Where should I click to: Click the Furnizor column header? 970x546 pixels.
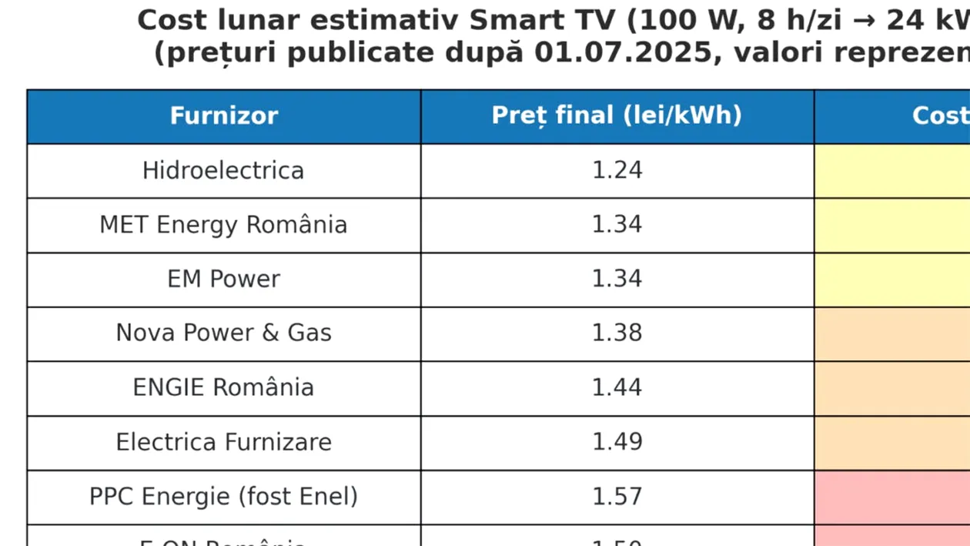coord(223,116)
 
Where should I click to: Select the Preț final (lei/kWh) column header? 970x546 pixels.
coord(617,116)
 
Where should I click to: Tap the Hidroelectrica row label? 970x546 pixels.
coord(223,170)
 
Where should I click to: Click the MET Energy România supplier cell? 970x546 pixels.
coord(223,225)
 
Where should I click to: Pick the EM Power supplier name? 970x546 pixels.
coord(223,279)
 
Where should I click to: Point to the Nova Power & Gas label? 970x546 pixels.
coord(223,333)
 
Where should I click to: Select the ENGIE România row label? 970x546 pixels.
coord(223,387)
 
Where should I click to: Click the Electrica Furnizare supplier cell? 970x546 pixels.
coord(223,442)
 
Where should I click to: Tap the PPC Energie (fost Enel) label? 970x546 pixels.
coord(223,497)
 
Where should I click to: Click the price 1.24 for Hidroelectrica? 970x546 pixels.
coord(617,170)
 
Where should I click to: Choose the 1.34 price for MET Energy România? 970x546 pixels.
coord(617,225)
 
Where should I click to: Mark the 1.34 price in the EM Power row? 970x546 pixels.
coord(617,279)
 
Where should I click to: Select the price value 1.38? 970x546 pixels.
coord(617,333)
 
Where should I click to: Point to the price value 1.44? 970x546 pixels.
coord(617,387)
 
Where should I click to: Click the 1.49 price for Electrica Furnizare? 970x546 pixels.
coord(617,442)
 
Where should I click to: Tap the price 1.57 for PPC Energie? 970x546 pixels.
coord(617,497)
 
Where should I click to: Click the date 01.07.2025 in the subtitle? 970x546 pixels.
coord(658,53)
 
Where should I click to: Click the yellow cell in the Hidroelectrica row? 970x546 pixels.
coord(892,170)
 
